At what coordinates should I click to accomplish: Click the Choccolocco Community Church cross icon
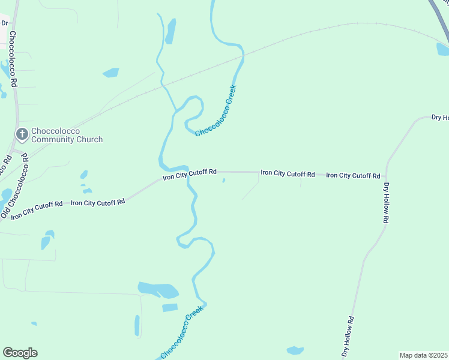point(22,134)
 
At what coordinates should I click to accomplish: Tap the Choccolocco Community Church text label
point(67,135)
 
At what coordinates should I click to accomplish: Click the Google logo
point(20,353)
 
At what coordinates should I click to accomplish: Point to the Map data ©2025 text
point(423,355)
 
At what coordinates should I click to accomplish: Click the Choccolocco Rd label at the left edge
point(13,60)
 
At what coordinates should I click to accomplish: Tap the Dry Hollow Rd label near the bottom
point(349,337)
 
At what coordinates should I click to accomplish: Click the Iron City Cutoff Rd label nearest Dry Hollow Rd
point(353,176)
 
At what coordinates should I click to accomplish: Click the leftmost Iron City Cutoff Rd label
point(37,210)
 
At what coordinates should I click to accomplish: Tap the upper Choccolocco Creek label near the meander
point(217,111)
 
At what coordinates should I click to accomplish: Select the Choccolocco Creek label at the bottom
point(182,334)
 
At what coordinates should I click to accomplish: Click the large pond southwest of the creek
point(158,290)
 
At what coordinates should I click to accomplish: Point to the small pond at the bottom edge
point(295,350)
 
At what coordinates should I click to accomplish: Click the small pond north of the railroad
point(111,73)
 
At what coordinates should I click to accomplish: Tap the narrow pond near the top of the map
point(171,31)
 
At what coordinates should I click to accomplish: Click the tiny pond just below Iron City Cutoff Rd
point(224,180)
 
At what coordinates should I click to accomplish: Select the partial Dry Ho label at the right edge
point(439,118)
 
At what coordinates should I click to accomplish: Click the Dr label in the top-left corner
point(5,23)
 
